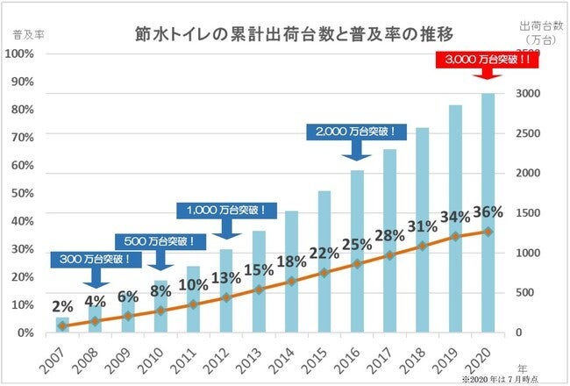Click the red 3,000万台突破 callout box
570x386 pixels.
tap(486, 61)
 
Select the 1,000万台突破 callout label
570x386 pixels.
tap(226, 211)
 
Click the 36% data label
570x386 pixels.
tap(487, 212)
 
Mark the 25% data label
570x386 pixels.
tap(357, 243)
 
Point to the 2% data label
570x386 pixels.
tap(62, 307)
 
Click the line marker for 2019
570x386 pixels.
tap(454, 237)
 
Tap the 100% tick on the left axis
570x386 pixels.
tap(19, 54)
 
